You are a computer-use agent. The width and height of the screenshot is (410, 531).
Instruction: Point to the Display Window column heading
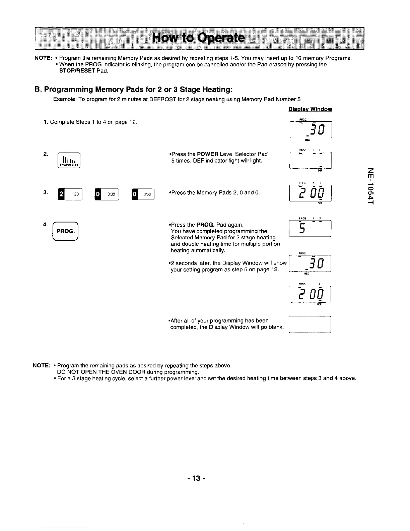(x=310, y=109)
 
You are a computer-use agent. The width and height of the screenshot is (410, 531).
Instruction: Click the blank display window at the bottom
(x=310, y=324)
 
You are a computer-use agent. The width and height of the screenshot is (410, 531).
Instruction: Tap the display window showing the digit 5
(x=310, y=228)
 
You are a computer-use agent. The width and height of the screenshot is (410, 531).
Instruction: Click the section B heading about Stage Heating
(x=133, y=90)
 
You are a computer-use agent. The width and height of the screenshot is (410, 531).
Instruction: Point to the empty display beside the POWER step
(x=310, y=160)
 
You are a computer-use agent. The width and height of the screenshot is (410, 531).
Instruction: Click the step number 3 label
(x=45, y=192)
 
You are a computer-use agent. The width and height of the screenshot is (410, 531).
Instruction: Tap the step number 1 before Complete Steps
(x=45, y=122)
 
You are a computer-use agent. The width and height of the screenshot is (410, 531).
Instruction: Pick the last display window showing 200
(x=310, y=294)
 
